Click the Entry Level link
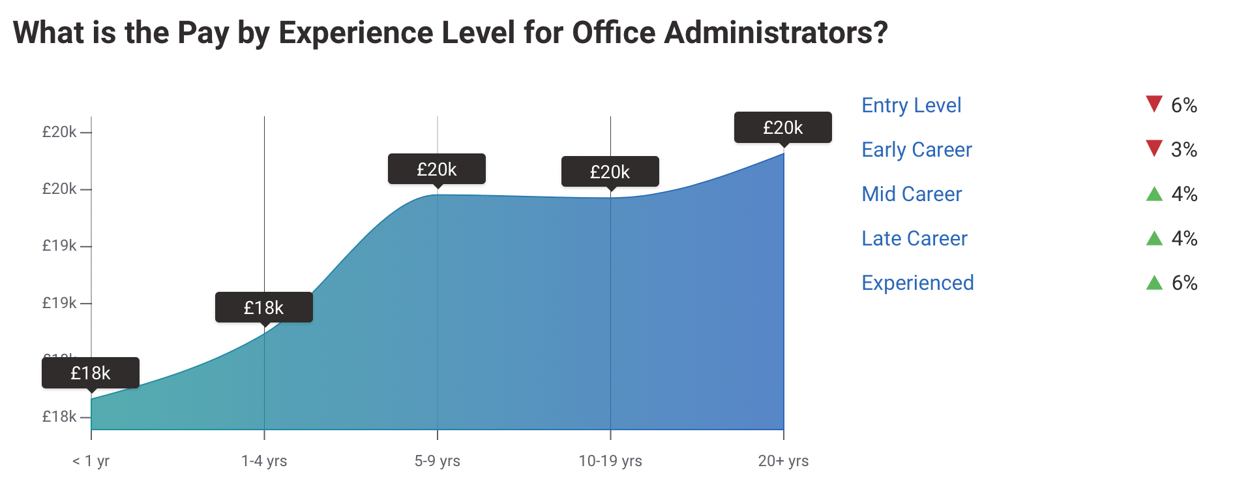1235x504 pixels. [911, 105]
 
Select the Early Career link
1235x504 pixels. [916, 150]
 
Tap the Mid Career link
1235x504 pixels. [911, 194]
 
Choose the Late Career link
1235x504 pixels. [914, 238]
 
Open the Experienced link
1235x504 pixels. [917, 283]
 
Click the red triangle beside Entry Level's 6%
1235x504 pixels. [1153, 103]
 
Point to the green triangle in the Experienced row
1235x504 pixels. [1154, 283]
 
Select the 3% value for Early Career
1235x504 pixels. [1184, 150]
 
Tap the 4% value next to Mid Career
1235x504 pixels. [1184, 194]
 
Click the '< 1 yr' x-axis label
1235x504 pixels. [91, 461]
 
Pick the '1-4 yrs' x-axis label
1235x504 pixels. [264, 461]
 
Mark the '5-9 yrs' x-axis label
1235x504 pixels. [437, 461]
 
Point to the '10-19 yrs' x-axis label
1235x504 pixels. [610, 461]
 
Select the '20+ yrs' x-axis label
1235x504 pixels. [783, 461]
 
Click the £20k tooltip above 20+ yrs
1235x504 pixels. [782, 127]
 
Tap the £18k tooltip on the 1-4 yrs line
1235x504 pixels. [263, 307]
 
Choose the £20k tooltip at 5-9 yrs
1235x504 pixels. [436, 169]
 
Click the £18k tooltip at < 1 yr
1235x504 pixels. [91, 373]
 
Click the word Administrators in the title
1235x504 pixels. [775, 32]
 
